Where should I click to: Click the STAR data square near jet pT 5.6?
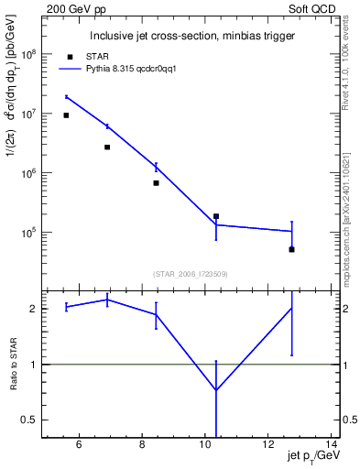(x=66, y=115)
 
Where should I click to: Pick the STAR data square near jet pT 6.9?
(x=107, y=147)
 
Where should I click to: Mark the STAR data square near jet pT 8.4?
(x=156, y=183)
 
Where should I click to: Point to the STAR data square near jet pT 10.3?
(x=216, y=216)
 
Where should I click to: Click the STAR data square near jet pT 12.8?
(x=291, y=249)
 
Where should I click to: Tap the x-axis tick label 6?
(x=79, y=445)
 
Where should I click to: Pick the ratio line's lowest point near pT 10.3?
(x=216, y=390)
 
